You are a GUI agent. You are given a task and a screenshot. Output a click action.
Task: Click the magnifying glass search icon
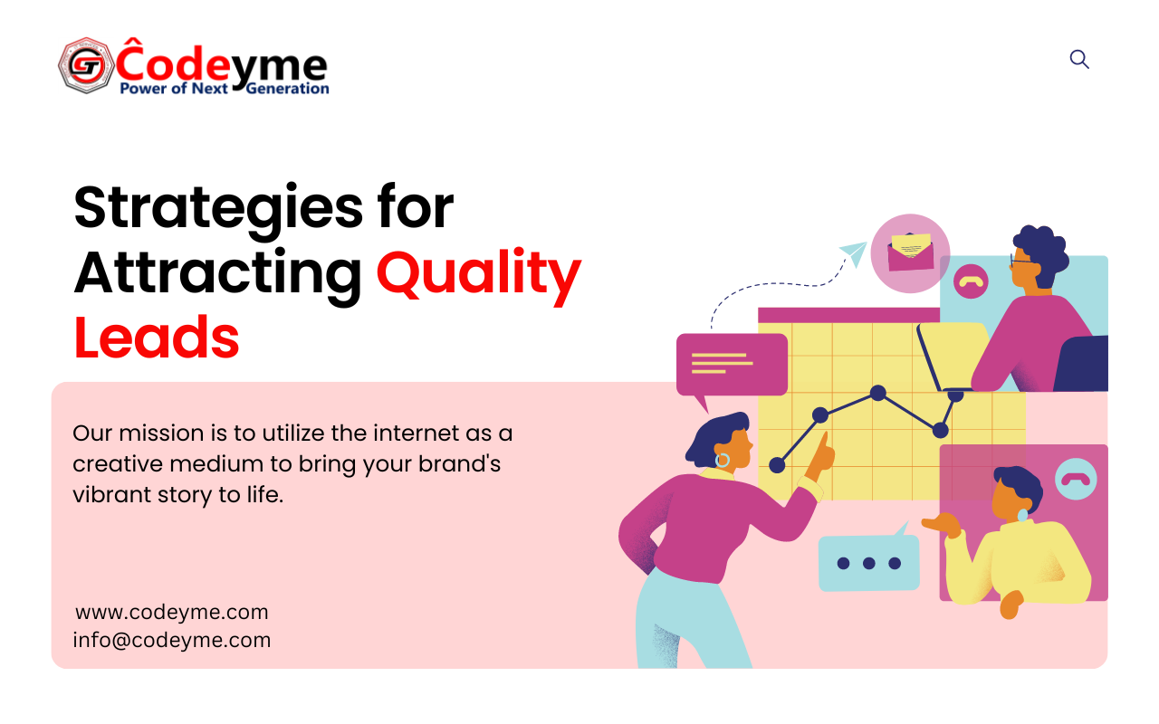(1079, 60)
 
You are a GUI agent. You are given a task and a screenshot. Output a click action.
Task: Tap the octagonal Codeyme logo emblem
(86, 65)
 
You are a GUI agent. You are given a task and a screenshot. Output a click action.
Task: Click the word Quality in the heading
(479, 273)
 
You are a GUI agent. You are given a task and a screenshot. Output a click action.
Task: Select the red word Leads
(157, 338)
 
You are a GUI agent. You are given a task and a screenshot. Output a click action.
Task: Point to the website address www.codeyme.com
(172, 613)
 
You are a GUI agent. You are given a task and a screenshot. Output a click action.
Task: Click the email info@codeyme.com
(172, 640)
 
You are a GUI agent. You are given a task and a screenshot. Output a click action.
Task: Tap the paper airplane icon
(853, 253)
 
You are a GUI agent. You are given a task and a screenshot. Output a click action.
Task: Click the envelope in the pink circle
(911, 252)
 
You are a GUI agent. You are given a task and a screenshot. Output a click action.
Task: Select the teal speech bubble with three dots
(869, 561)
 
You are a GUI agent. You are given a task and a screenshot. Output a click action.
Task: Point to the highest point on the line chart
(878, 393)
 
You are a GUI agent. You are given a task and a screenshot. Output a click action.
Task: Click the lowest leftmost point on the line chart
(777, 465)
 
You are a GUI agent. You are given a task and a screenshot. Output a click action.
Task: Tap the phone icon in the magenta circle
(972, 281)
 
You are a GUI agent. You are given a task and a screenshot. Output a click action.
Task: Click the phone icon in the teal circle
(1076, 479)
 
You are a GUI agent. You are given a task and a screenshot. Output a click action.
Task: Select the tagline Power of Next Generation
(225, 89)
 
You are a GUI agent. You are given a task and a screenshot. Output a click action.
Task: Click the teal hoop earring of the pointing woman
(723, 460)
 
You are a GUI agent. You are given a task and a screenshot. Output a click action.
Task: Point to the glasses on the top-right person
(1022, 262)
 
